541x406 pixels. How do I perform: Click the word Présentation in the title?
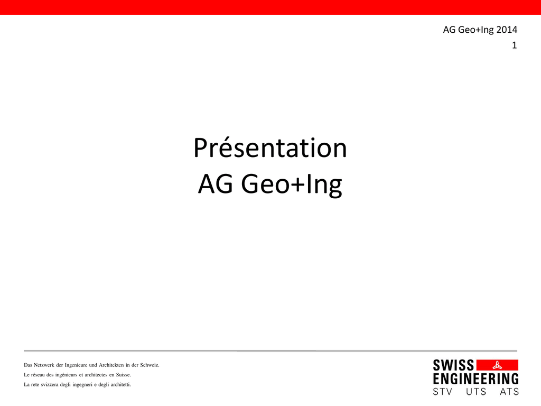pyautogui.click(x=270, y=148)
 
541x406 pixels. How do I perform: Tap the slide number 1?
pyautogui.click(x=515, y=45)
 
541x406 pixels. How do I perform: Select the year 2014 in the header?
pyautogui.click(x=507, y=30)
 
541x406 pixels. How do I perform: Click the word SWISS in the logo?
pyautogui.click(x=453, y=365)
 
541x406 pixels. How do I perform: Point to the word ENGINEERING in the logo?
pyautogui.click(x=476, y=379)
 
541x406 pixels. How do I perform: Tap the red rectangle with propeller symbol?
pyautogui.click(x=497, y=365)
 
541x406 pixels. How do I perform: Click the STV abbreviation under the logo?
pyautogui.click(x=443, y=392)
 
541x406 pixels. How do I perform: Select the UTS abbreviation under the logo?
pyautogui.click(x=476, y=392)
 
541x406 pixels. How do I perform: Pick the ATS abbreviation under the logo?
pyautogui.click(x=509, y=392)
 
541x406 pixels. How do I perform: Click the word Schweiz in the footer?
pyautogui.click(x=150, y=365)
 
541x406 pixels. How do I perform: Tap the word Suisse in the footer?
pyautogui.click(x=123, y=375)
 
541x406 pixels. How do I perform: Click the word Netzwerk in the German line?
pyautogui.click(x=44, y=365)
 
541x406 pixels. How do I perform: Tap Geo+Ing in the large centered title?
pyautogui.click(x=292, y=184)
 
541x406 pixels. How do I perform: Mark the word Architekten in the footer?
pyautogui.click(x=111, y=365)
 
